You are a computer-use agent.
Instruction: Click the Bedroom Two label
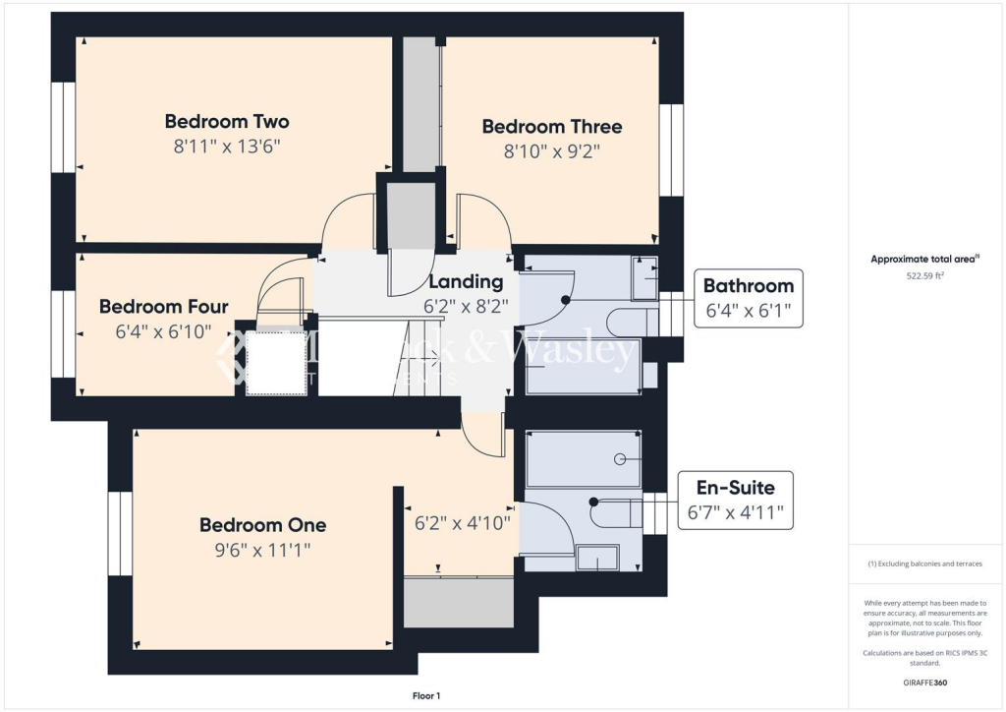point(227,122)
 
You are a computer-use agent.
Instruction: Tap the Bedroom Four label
point(163,307)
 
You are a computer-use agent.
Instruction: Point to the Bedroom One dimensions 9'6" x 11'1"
point(262,550)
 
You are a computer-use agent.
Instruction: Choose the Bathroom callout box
point(748,299)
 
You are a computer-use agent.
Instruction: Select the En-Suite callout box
point(735,500)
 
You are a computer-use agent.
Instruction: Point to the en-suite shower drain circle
point(620,459)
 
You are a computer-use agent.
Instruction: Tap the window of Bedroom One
point(120,533)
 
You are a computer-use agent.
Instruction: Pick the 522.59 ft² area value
point(923,276)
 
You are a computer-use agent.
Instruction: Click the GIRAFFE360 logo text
point(923,682)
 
